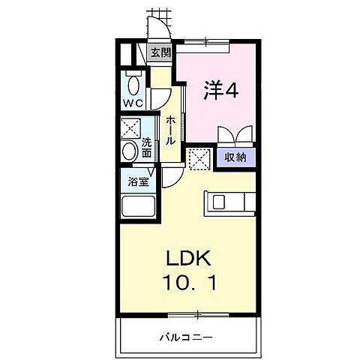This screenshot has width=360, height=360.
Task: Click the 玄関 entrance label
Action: (x=160, y=52)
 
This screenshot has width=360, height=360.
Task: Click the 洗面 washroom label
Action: (x=147, y=147)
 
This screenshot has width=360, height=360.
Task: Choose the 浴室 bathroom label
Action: (x=136, y=181)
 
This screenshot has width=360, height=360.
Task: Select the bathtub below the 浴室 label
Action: (x=138, y=207)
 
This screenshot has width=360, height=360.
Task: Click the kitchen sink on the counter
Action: (x=219, y=202)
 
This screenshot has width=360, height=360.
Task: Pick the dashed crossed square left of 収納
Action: (x=199, y=158)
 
